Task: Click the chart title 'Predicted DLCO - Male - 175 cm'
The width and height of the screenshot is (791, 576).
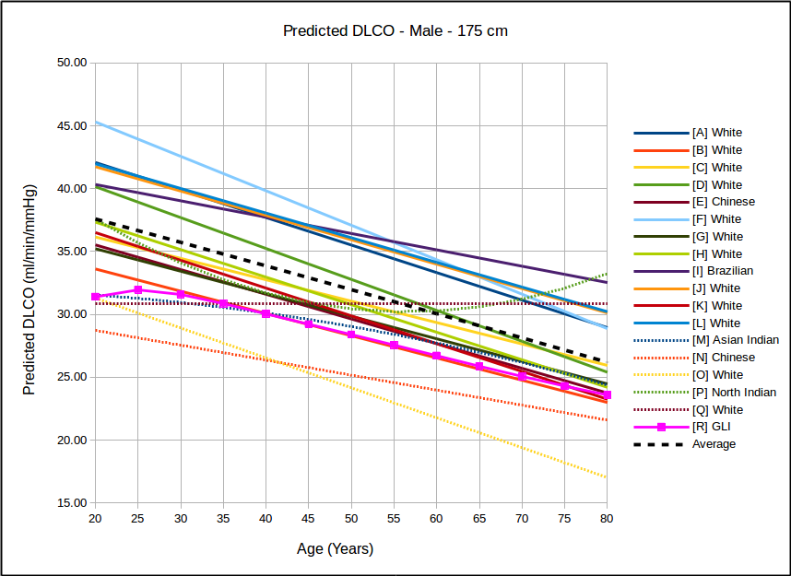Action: click(395, 30)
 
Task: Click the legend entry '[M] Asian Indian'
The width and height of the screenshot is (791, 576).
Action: click(735, 340)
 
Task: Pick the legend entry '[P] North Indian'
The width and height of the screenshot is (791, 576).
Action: click(734, 393)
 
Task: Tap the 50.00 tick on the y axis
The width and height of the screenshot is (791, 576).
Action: click(72, 63)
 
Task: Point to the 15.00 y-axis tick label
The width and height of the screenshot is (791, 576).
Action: click(72, 503)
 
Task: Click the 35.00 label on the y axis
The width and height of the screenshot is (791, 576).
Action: click(72, 252)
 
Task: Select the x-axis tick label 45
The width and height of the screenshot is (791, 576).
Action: click(308, 520)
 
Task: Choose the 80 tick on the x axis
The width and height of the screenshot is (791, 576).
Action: click(607, 520)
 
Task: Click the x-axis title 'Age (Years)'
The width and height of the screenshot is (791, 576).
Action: click(335, 549)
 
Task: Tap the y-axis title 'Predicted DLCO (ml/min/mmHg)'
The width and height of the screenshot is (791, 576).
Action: click(30, 283)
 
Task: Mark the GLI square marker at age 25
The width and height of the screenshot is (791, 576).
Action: click(137, 290)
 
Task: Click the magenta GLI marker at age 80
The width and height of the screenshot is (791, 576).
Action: click(607, 394)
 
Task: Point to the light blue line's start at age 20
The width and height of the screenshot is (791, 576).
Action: click(95, 122)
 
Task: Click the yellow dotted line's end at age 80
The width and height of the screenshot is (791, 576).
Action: click(607, 477)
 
